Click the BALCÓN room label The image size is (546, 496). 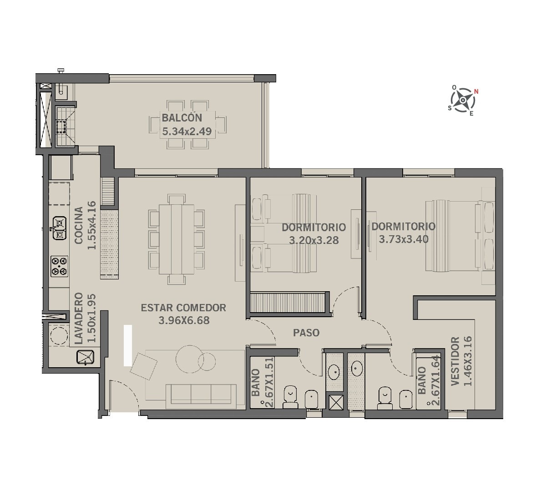tap(182, 118)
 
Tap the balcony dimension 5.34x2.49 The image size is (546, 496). tap(187, 132)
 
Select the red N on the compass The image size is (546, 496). tap(476, 91)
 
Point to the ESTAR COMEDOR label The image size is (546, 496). tap(183, 308)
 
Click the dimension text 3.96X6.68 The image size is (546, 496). tap(184, 320)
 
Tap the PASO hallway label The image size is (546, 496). tap(306, 333)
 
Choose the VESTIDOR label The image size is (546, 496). tap(455, 361)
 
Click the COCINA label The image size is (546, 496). tap(79, 225)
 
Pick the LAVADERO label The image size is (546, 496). tap(79, 318)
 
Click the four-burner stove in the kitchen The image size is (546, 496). tap(59, 266)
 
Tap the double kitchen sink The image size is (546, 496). tap(59, 228)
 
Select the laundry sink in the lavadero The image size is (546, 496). tap(86, 357)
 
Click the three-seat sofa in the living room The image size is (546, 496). tap(201, 394)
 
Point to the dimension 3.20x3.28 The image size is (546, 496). tap(314, 240)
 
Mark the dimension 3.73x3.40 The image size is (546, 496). tap(404, 239)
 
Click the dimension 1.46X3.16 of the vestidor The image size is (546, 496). tap(468, 361)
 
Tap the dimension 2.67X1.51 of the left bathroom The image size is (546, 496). tap(269, 382)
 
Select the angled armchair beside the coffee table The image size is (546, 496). tap(143, 366)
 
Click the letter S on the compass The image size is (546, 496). tap(450, 108)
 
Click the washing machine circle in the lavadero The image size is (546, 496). tap(59, 336)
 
